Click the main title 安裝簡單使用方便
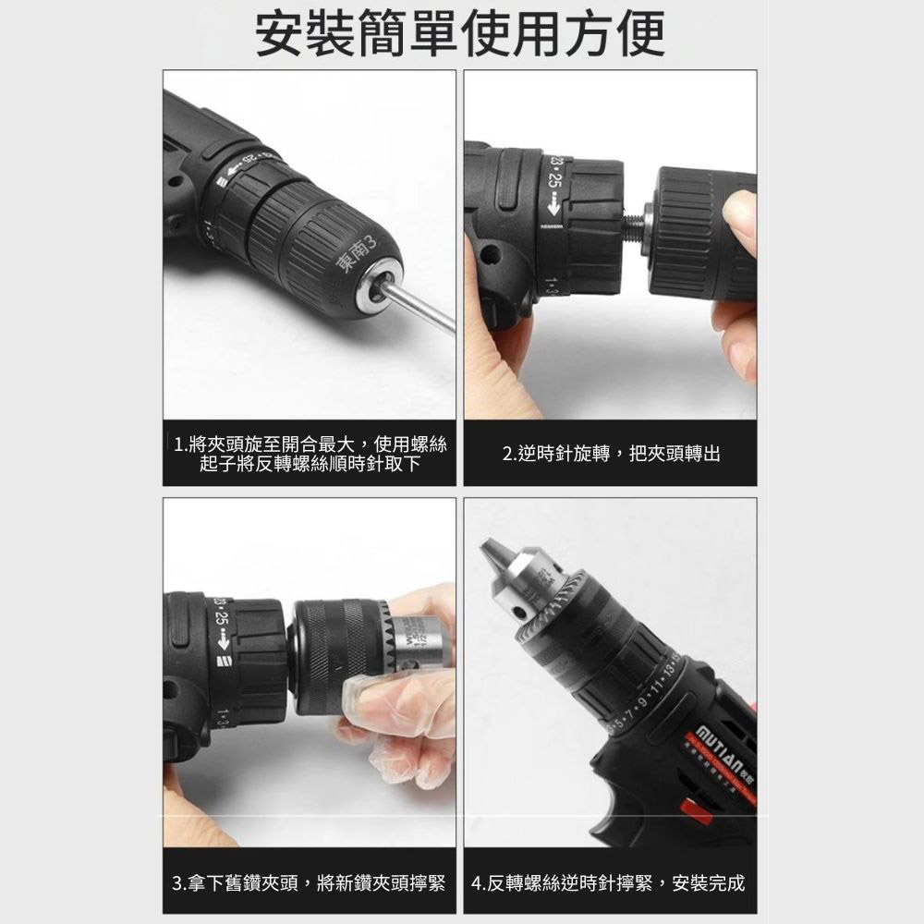pyautogui.click(x=460, y=34)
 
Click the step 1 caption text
pyautogui.click(x=310, y=454)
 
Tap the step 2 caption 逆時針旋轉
pyautogui.click(x=611, y=454)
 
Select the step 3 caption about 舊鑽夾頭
pyautogui.click(x=310, y=882)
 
